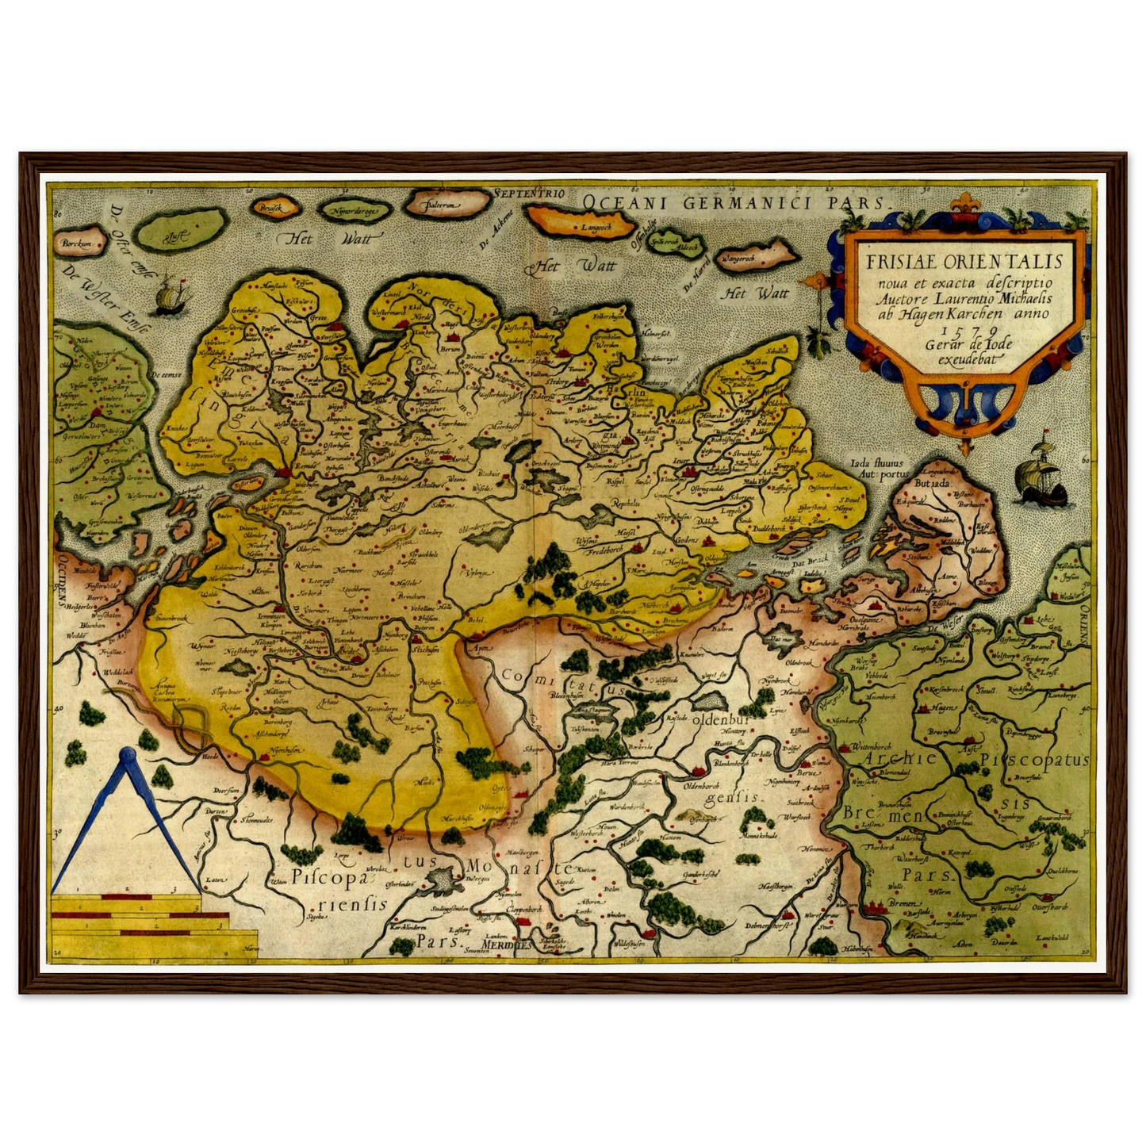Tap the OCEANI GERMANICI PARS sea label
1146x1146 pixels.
[x=737, y=201]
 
